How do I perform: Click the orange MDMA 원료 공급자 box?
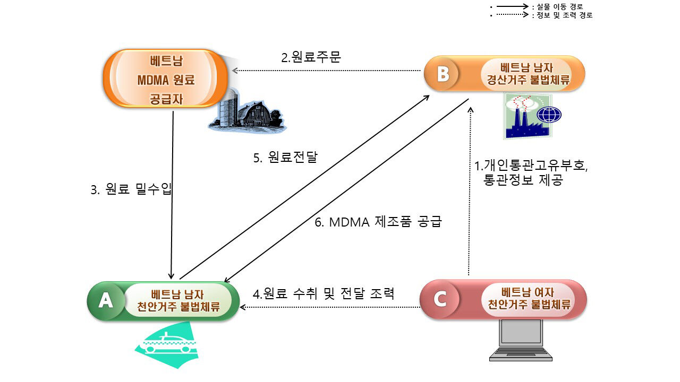pyautogui.click(x=166, y=79)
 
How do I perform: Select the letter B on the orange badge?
pyautogui.click(x=443, y=74)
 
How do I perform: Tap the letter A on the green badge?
pyautogui.click(x=106, y=301)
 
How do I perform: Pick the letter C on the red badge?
pyautogui.click(x=440, y=299)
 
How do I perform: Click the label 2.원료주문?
pyautogui.click(x=311, y=57)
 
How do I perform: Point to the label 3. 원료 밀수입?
pyautogui.click(x=131, y=189)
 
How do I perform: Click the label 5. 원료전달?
pyautogui.click(x=285, y=157)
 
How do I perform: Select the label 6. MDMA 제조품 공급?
pyautogui.click(x=378, y=222)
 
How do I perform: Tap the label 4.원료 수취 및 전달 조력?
pyautogui.click(x=324, y=293)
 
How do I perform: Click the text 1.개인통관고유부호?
pyautogui.click(x=531, y=166)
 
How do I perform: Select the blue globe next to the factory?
pyautogui.click(x=549, y=115)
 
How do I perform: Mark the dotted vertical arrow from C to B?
pyautogui.click(x=470, y=191)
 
